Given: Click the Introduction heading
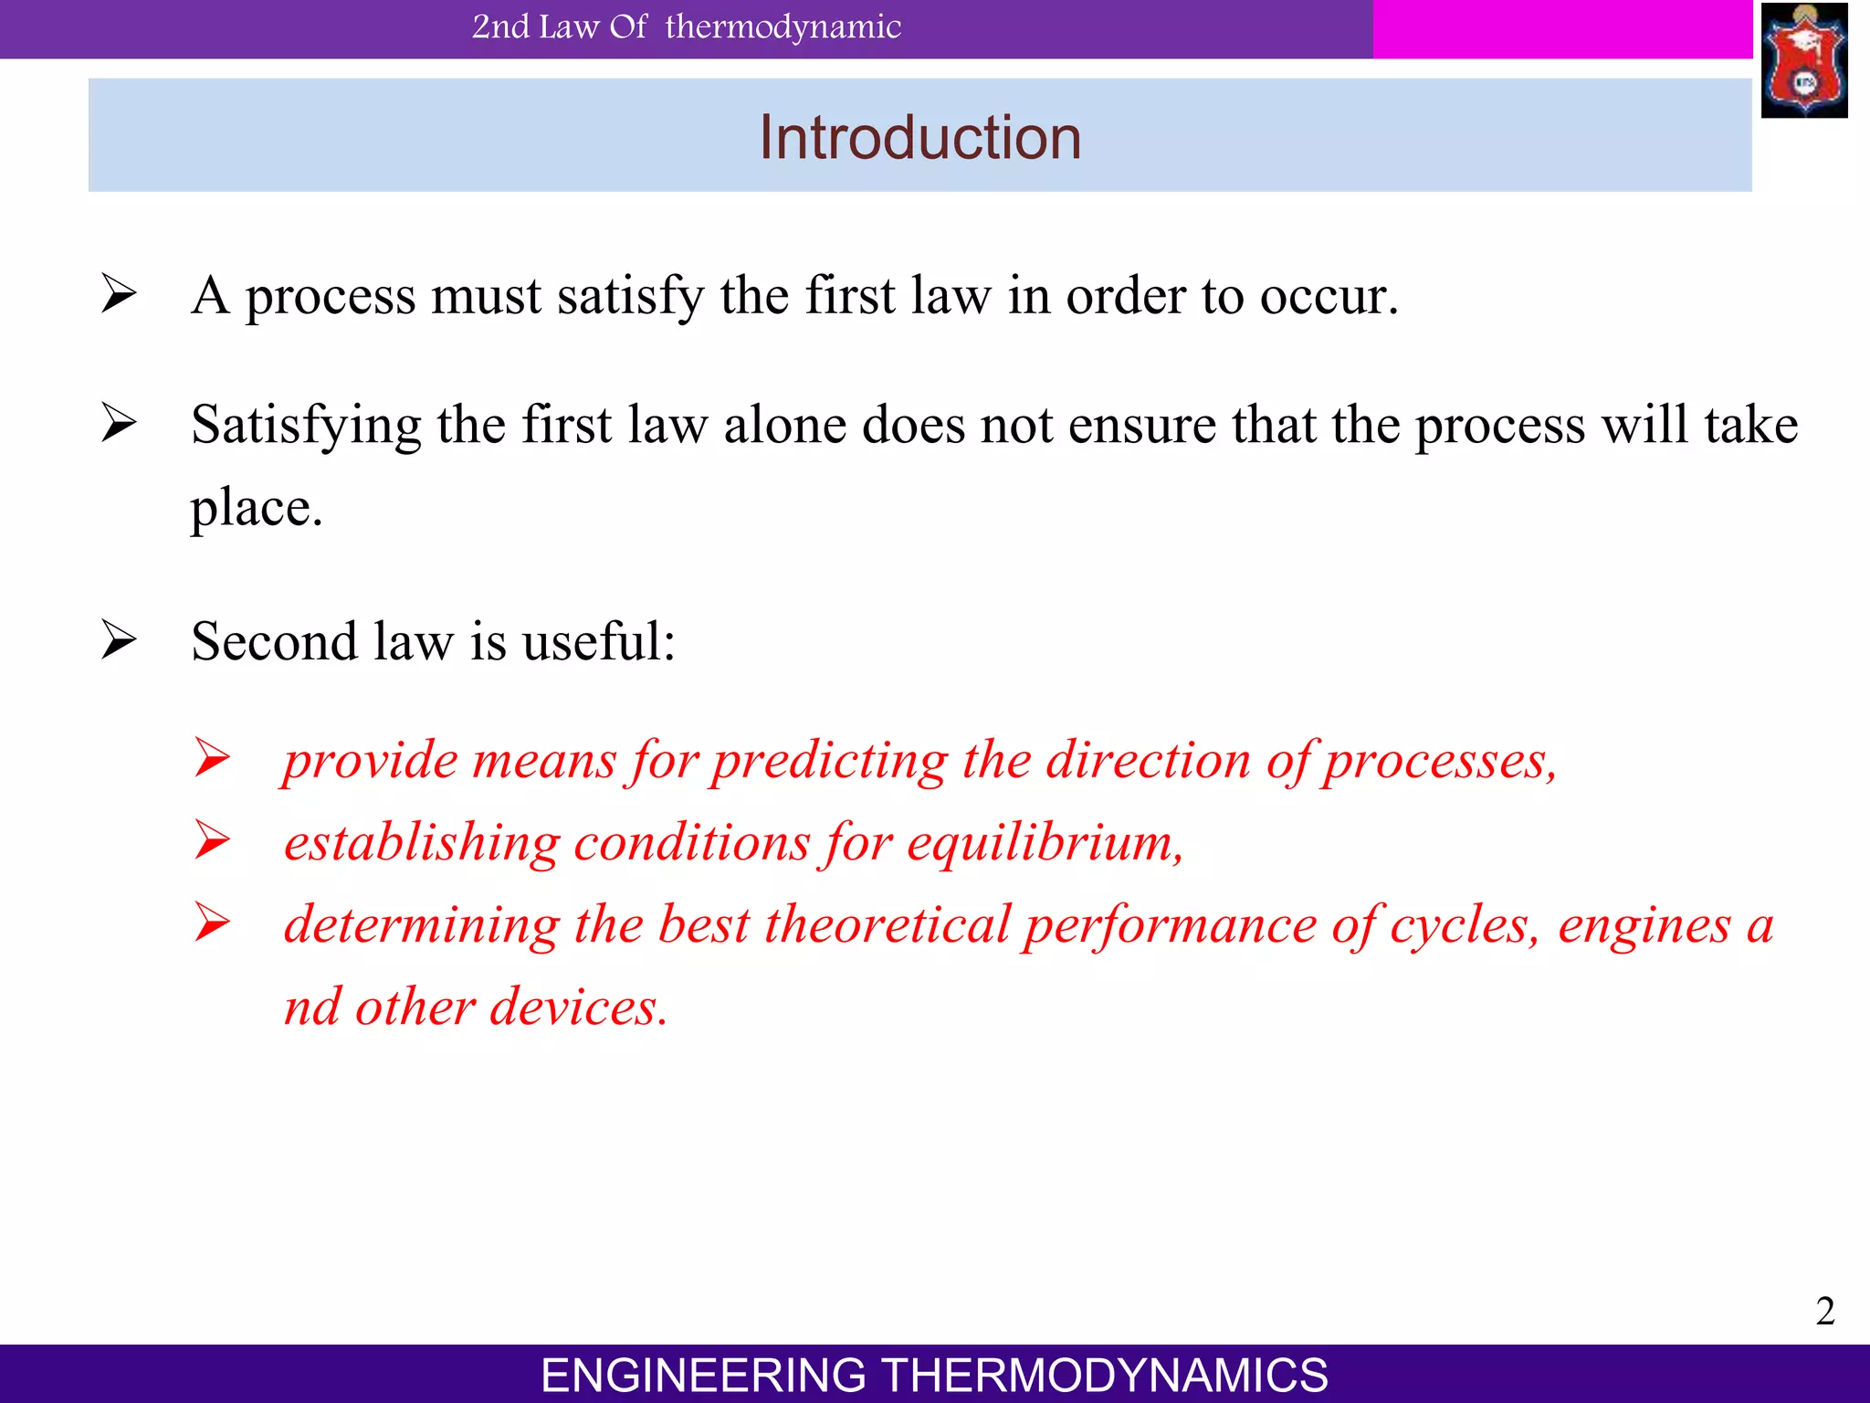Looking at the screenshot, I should tap(919, 138).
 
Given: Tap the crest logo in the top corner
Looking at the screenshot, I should tap(1803, 60).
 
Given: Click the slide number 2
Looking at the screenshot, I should tap(1824, 1311).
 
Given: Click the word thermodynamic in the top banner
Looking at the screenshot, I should tap(783, 27).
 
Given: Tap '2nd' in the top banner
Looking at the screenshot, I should tap(500, 27).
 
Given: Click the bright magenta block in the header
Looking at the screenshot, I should tap(1561, 29).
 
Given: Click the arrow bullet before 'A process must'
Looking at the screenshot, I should tap(119, 294).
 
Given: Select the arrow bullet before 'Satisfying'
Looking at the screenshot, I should tap(119, 423).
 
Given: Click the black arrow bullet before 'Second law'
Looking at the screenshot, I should tap(119, 639).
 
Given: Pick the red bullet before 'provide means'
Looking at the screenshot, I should tap(212, 758).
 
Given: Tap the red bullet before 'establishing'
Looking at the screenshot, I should tap(212, 840).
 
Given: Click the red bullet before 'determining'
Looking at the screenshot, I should tap(212, 923).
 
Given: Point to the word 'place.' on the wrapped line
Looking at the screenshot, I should tap(257, 508).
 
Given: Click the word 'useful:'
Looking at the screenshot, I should tap(598, 641).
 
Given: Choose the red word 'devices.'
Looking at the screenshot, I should tap(579, 1008).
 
